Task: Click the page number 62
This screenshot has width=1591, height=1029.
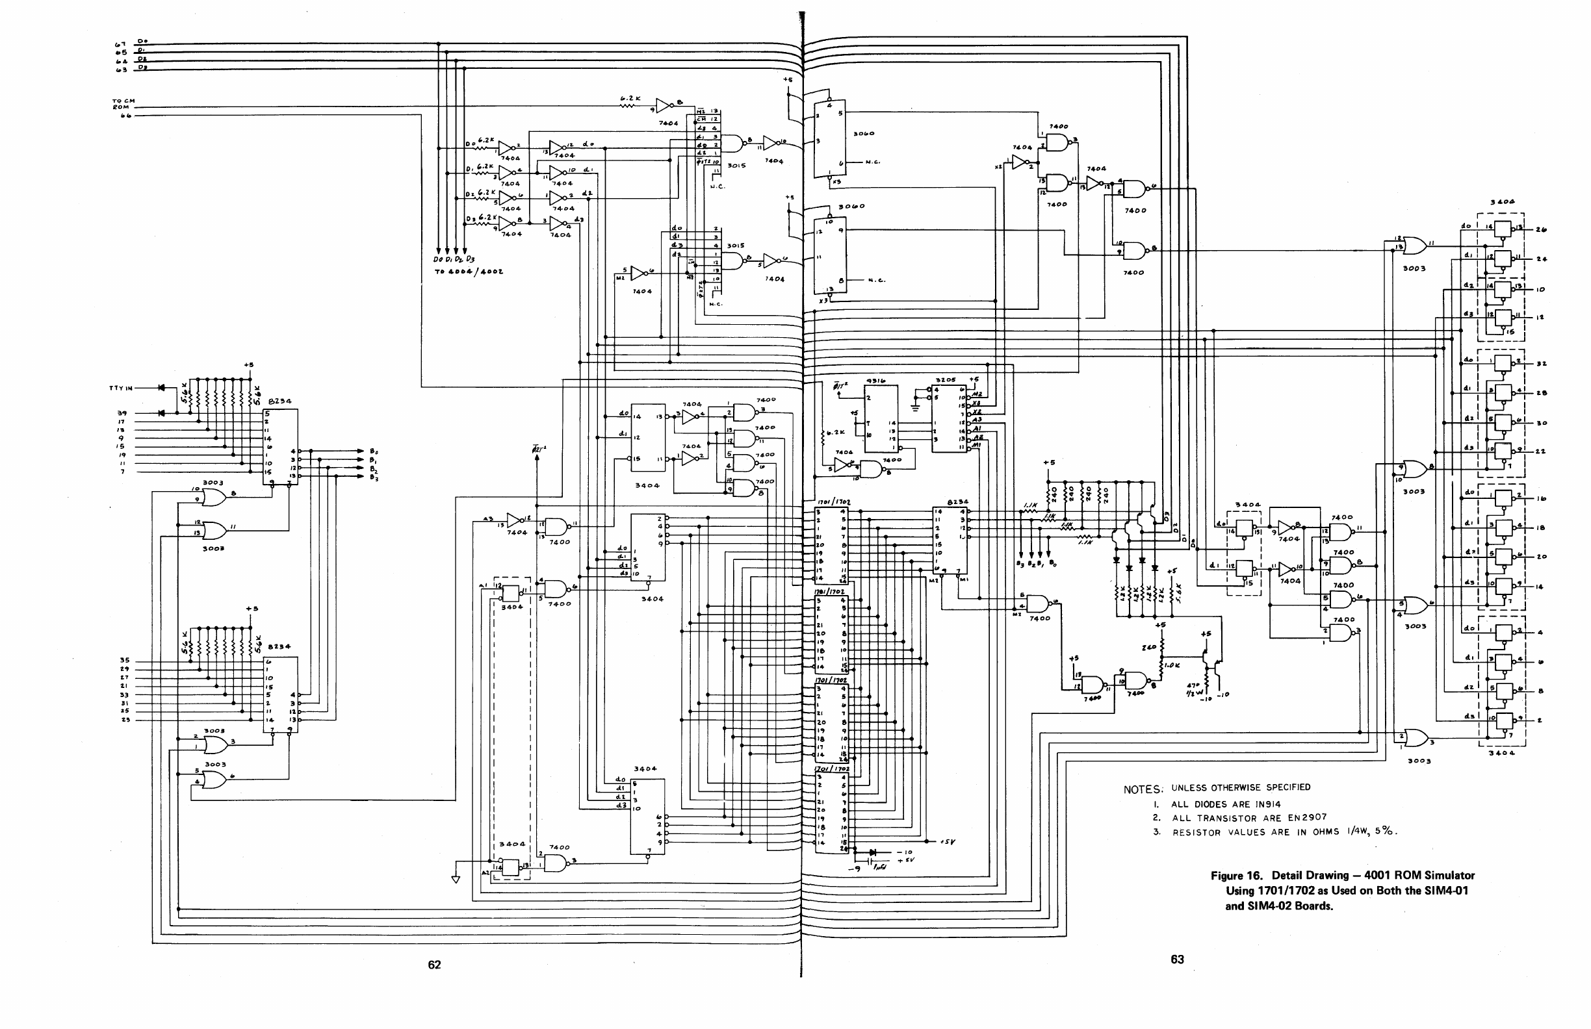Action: point(435,964)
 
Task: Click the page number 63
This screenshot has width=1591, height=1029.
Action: point(1177,959)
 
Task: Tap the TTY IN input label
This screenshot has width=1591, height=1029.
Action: point(121,388)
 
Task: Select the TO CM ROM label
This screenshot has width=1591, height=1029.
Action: point(123,104)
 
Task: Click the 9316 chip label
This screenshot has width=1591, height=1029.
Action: point(875,381)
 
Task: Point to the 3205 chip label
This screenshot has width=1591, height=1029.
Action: point(945,379)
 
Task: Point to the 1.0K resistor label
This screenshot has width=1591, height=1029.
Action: point(1172,665)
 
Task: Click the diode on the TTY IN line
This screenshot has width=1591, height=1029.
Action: point(161,388)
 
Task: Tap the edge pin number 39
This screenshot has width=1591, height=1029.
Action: point(122,413)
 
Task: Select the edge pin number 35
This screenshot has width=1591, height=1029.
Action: point(123,660)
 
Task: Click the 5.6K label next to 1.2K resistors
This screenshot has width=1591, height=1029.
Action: point(1178,592)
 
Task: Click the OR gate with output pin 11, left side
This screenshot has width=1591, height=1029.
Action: point(214,531)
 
